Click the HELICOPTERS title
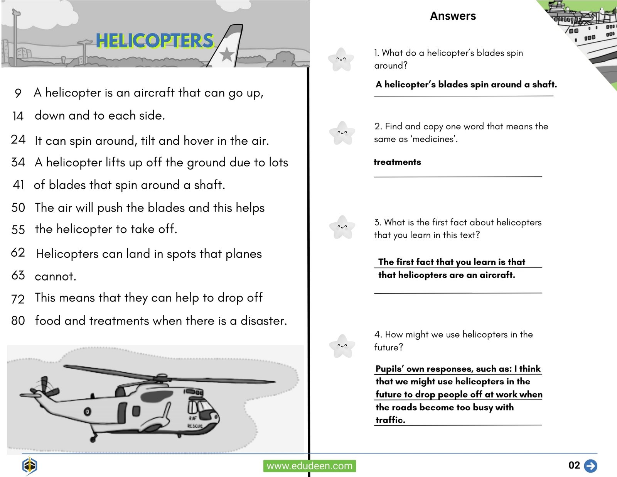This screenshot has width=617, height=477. click(x=155, y=41)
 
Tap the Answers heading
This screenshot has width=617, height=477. click(x=453, y=16)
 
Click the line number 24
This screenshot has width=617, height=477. click(x=18, y=139)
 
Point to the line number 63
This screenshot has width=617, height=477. click(x=18, y=275)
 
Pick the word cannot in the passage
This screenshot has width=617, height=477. click(x=55, y=276)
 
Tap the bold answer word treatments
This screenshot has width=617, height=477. click(x=397, y=162)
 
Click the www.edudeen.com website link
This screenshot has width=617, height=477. click(x=309, y=466)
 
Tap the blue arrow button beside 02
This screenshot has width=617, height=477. click(x=590, y=465)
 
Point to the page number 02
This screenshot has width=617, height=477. click(x=574, y=465)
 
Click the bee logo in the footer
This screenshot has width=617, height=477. click(x=29, y=466)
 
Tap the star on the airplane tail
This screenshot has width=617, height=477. click(x=227, y=54)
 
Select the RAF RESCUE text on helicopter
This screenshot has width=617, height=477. click(x=194, y=422)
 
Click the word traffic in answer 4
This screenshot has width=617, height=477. click(x=390, y=420)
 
